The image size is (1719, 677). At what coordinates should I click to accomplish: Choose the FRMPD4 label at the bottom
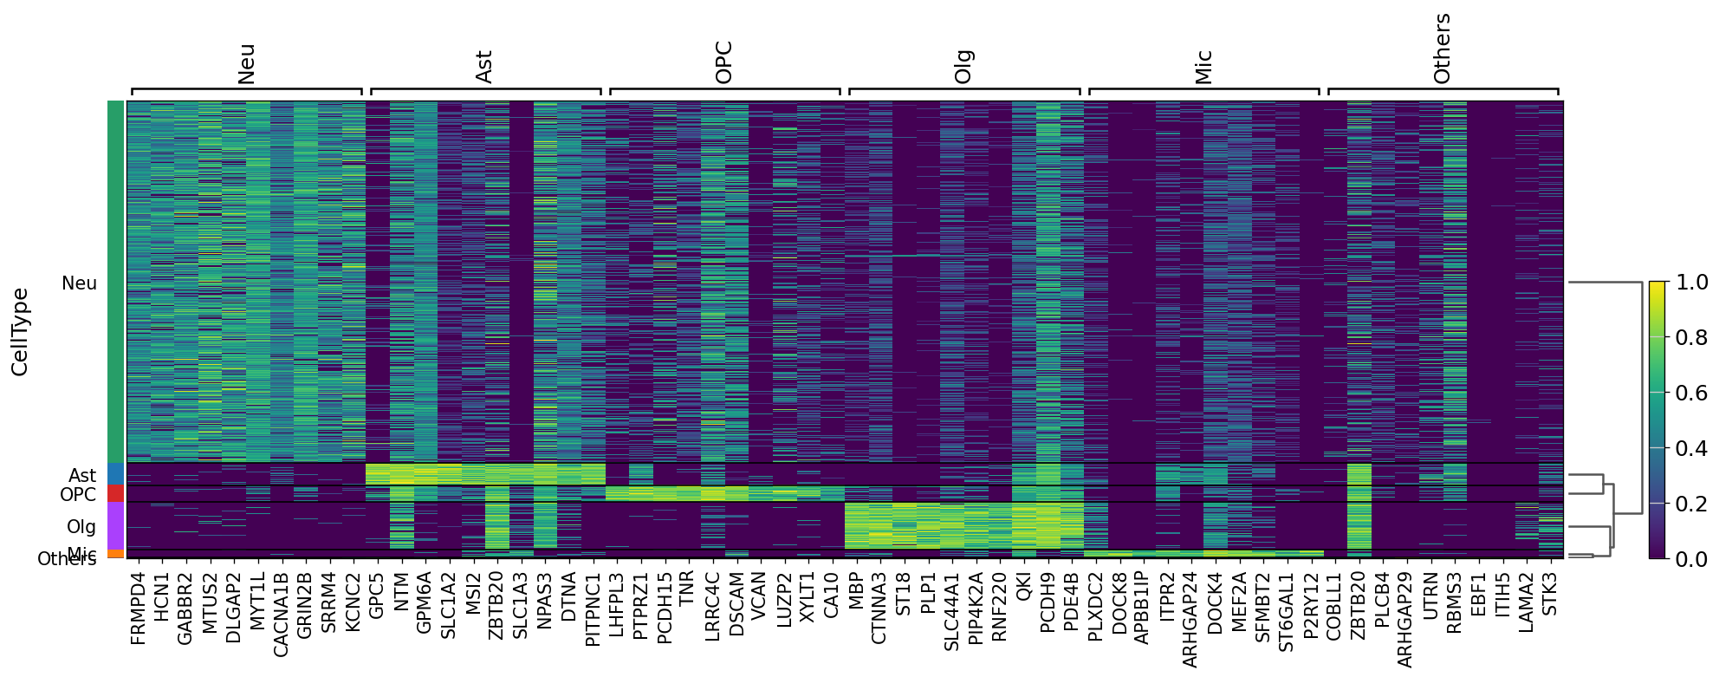pyautogui.click(x=138, y=608)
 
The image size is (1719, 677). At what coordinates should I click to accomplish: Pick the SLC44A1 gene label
pyautogui.click(x=950, y=611)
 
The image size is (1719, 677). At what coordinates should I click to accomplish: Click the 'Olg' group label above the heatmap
pyautogui.click(x=963, y=67)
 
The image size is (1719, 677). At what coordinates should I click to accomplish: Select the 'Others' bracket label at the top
pyautogui.click(x=1442, y=49)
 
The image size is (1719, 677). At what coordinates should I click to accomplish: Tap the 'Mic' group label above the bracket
pyautogui.click(x=1203, y=67)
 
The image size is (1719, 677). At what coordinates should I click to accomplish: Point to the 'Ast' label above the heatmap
pyautogui.click(x=483, y=67)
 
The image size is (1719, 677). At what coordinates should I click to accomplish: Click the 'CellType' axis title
pyautogui.click(x=20, y=332)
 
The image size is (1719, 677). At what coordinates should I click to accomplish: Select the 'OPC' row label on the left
pyautogui.click(x=78, y=495)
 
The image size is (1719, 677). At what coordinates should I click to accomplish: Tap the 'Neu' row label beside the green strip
pyautogui.click(x=79, y=283)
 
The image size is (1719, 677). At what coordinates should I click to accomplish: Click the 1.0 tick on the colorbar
pyautogui.click(x=1691, y=283)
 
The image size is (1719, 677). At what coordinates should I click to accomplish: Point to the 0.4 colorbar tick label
pyautogui.click(x=1691, y=448)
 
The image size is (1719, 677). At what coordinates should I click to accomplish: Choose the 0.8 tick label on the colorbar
pyautogui.click(x=1691, y=338)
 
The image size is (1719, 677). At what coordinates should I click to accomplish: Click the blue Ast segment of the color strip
pyautogui.click(x=116, y=474)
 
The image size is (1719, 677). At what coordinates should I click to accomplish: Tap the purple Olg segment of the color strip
pyautogui.click(x=116, y=525)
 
